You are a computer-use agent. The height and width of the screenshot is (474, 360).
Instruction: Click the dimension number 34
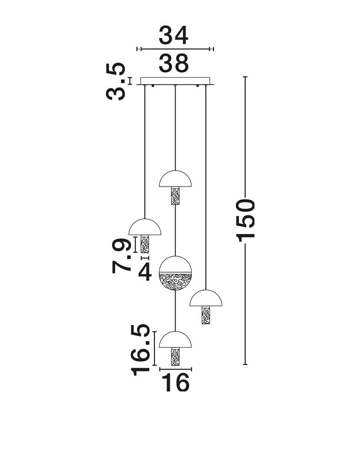[x=174, y=35]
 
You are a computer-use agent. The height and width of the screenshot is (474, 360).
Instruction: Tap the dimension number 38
[x=174, y=64]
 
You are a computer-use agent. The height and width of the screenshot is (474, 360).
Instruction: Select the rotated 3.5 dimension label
[x=116, y=81]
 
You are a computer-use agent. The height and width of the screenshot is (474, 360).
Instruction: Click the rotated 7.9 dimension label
[x=121, y=256]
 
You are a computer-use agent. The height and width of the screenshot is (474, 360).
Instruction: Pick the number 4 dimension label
[x=145, y=273]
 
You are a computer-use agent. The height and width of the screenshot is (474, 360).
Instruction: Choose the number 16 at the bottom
[x=175, y=382]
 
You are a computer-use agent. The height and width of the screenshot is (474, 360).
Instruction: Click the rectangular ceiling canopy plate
[x=175, y=81]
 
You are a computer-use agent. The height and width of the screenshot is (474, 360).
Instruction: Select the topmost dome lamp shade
[x=175, y=179]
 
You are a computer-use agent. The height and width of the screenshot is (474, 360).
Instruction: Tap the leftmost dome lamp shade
[x=145, y=227]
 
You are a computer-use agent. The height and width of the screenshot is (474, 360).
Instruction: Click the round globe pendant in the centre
[x=175, y=273]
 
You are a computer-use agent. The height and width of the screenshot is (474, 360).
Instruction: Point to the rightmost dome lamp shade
[x=206, y=298]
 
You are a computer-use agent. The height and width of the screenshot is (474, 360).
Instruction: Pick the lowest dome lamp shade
[x=175, y=340]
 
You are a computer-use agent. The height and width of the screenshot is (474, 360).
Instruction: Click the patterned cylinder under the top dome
[x=175, y=196]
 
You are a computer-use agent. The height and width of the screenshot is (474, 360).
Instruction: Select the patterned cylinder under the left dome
[x=145, y=244]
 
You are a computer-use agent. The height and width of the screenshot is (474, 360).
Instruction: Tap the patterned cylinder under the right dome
[x=206, y=315]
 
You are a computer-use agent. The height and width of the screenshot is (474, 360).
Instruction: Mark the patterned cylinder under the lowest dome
[x=175, y=356]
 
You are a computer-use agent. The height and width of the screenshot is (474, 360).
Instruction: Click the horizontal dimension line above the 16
[x=175, y=369]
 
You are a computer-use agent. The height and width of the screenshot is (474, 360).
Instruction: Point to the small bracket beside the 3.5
[x=130, y=81]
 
